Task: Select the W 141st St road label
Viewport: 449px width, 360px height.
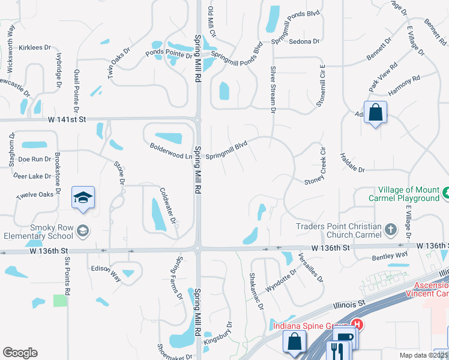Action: click(x=67, y=119)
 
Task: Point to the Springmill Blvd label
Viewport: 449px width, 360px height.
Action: click(x=227, y=150)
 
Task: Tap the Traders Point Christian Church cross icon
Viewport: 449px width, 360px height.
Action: click(x=390, y=229)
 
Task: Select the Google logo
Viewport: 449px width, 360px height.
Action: click(x=20, y=353)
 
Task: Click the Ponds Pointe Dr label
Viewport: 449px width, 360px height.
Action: click(x=169, y=53)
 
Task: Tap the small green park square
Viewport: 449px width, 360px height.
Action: click(x=60, y=301)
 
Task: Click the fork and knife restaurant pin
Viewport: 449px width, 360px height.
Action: click(x=337, y=350)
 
